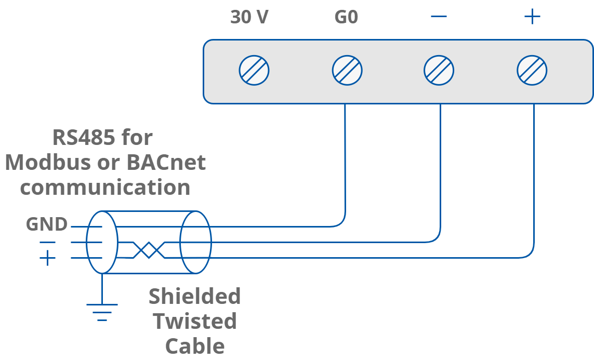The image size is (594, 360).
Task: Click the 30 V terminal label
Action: (x=249, y=18)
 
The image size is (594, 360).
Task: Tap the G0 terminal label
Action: (x=346, y=18)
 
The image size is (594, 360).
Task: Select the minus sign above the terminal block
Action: (x=439, y=17)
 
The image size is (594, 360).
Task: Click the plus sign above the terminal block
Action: (x=532, y=17)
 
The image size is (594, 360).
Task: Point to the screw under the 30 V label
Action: (x=254, y=70)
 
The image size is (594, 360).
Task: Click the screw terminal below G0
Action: (x=347, y=70)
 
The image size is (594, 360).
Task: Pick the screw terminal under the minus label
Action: (x=439, y=70)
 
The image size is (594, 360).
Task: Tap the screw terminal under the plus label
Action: (x=532, y=70)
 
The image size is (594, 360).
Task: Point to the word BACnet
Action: (x=166, y=163)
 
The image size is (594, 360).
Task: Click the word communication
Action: (x=105, y=187)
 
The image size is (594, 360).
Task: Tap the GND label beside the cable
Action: (x=47, y=224)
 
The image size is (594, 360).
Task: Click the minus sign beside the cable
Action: (x=47, y=242)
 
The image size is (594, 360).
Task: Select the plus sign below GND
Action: (x=47, y=258)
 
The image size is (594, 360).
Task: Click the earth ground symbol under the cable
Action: (x=102, y=310)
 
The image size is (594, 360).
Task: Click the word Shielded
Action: (x=194, y=297)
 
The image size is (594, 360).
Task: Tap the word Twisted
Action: (x=194, y=321)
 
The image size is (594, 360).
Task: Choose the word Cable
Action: (x=194, y=345)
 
